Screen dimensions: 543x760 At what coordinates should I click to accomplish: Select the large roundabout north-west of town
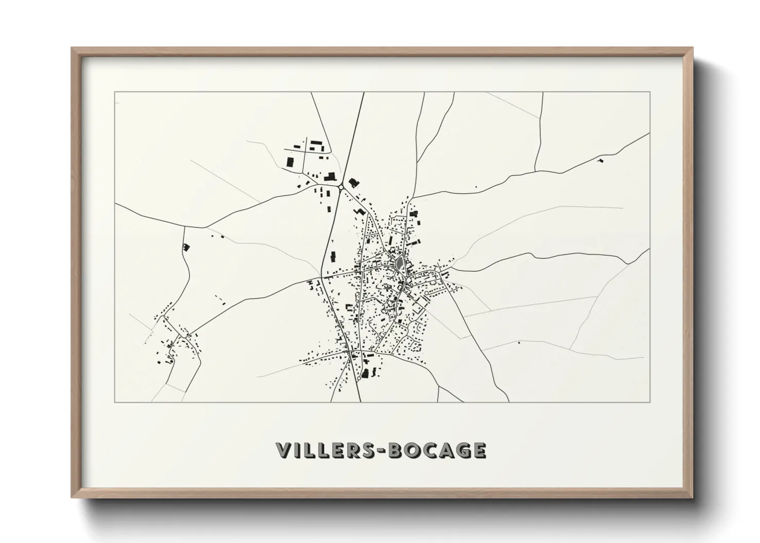pyautogui.click(x=341, y=187)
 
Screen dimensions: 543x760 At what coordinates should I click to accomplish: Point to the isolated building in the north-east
pyautogui.click(x=600, y=161)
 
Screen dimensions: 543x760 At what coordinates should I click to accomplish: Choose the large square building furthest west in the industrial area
pyautogui.click(x=289, y=163)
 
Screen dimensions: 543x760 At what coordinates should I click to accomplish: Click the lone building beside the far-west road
pyautogui.click(x=186, y=247)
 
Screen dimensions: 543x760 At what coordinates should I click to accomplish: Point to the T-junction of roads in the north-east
pyautogui.click(x=535, y=170)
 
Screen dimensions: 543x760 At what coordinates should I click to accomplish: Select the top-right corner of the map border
pyautogui.click(x=650, y=92)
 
